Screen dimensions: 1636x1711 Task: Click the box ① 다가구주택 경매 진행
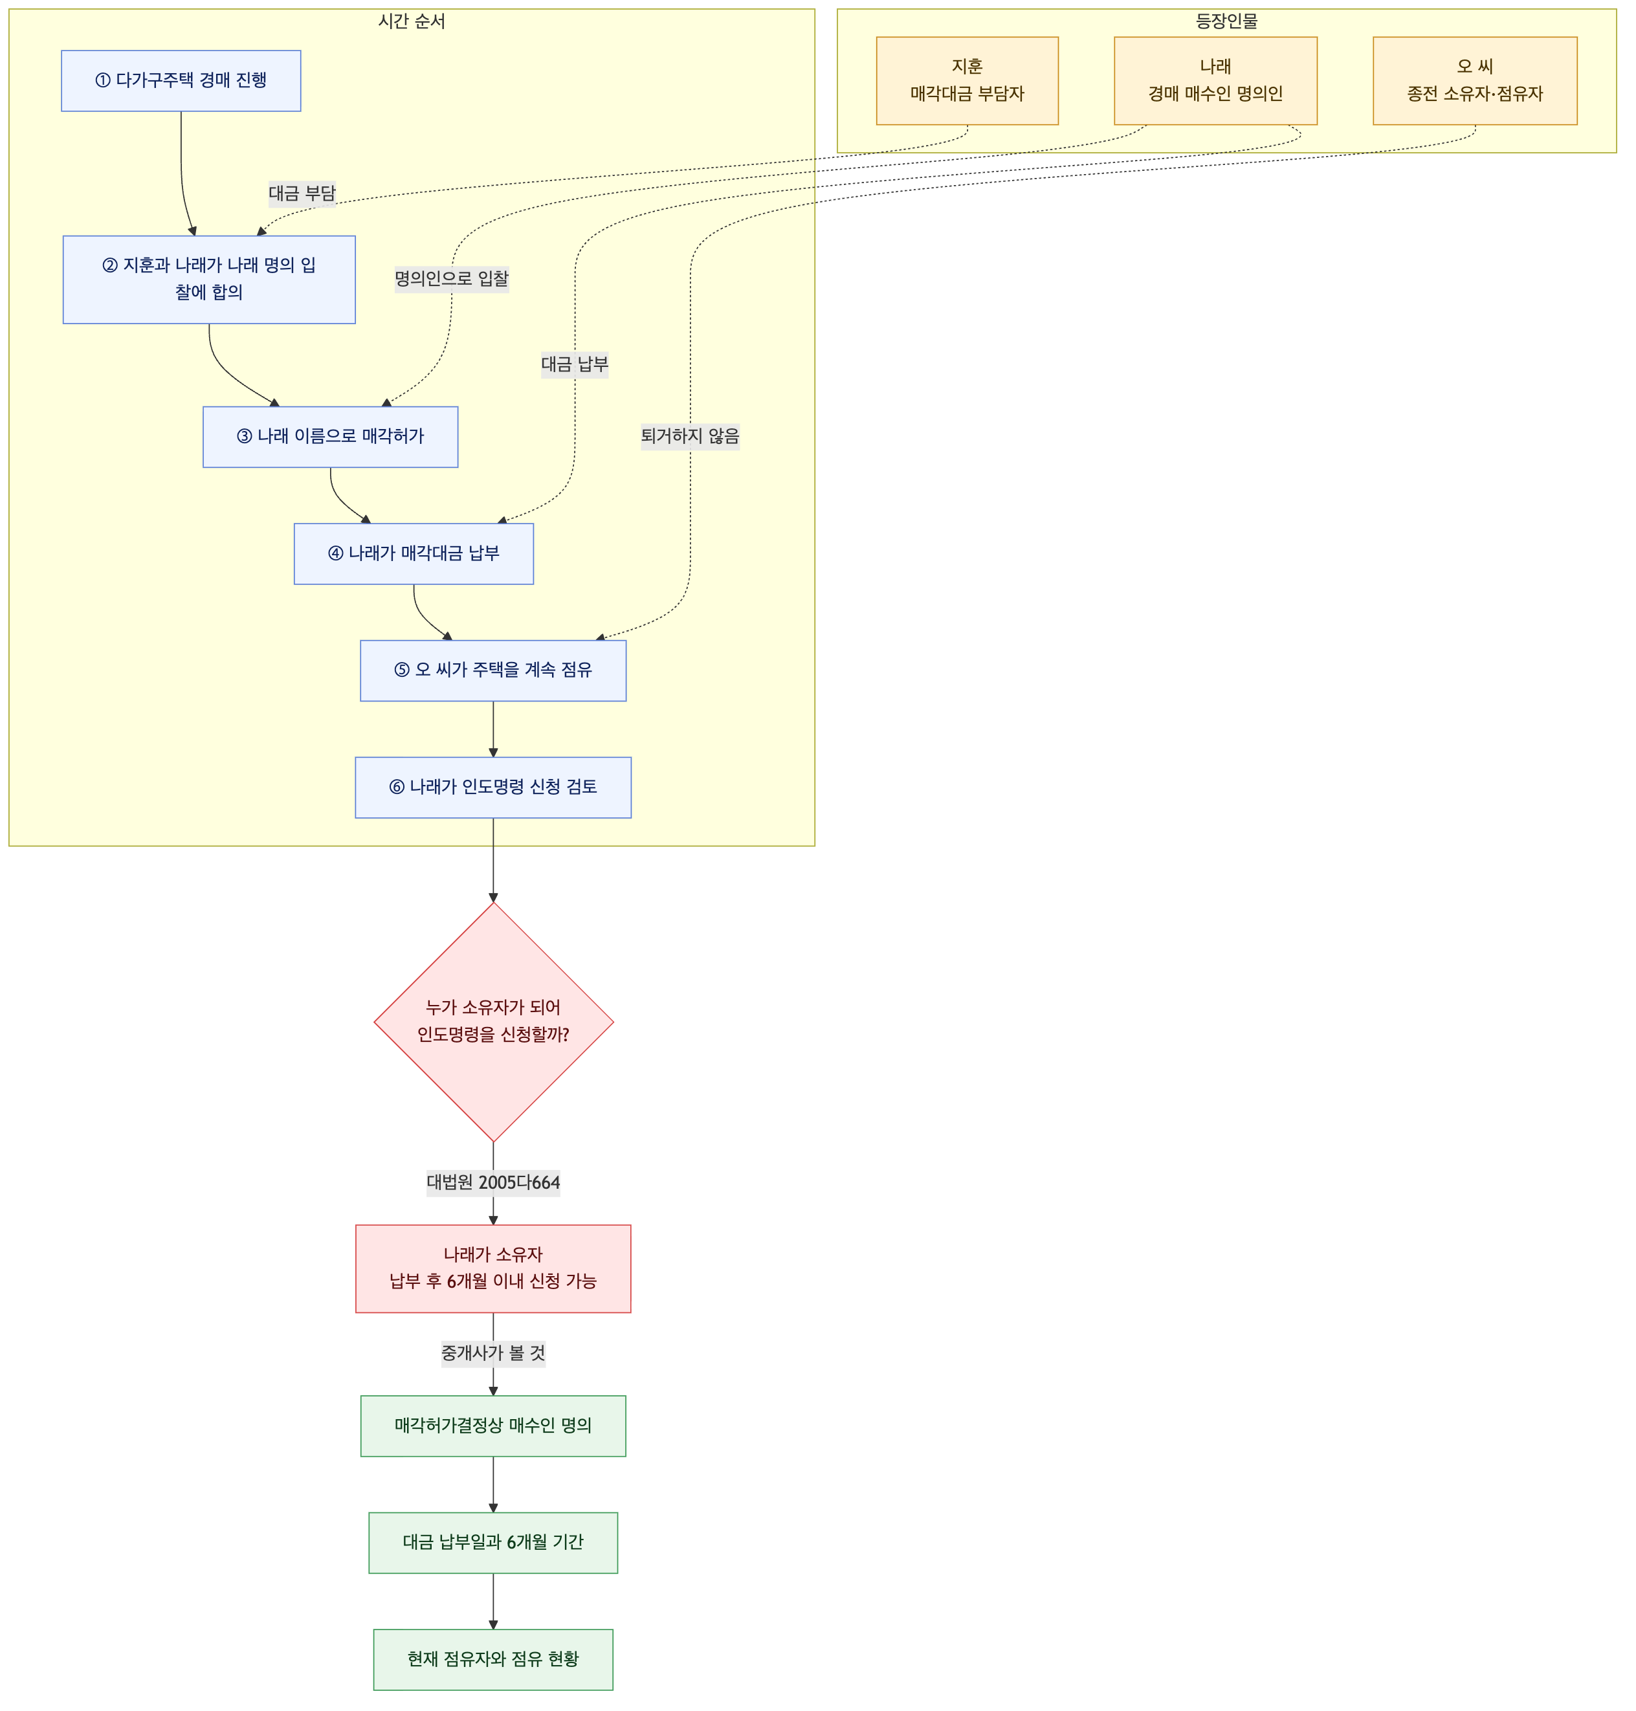click(x=181, y=80)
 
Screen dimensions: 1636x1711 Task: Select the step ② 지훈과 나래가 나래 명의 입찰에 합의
click(x=208, y=279)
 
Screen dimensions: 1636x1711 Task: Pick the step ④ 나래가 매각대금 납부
click(x=414, y=553)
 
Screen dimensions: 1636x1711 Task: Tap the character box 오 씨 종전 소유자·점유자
click(x=1475, y=80)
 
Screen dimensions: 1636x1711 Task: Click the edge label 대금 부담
click(x=302, y=193)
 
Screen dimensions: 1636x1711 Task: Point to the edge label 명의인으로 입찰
click(x=452, y=278)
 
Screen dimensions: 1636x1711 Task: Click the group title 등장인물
click(x=1226, y=21)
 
